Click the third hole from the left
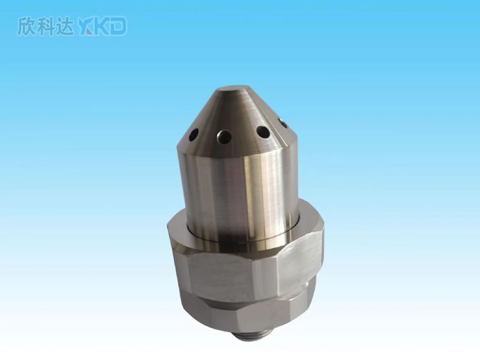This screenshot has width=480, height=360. click(263, 132)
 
